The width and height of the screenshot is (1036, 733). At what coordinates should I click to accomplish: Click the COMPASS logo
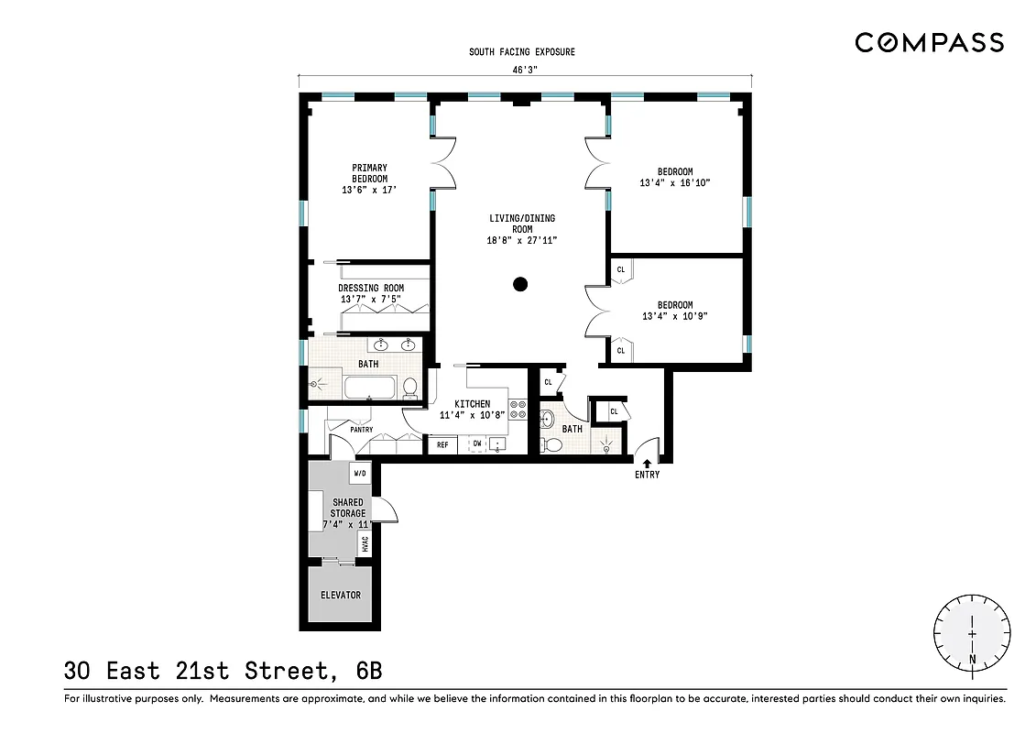click(x=929, y=42)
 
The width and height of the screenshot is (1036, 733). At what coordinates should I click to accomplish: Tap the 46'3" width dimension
click(x=523, y=68)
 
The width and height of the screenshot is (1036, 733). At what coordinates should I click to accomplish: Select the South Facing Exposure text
click(x=522, y=52)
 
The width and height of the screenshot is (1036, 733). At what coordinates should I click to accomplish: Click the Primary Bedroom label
click(x=369, y=174)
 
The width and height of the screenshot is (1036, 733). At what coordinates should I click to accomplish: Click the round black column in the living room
click(x=520, y=284)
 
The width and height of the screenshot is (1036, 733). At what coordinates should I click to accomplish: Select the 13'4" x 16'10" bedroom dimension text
click(x=675, y=183)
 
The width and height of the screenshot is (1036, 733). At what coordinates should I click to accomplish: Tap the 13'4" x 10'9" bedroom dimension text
click(x=675, y=316)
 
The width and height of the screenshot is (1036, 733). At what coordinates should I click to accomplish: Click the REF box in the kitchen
click(x=442, y=445)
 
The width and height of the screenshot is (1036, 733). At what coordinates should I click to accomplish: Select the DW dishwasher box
click(x=476, y=444)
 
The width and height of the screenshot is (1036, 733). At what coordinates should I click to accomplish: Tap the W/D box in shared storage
click(x=360, y=474)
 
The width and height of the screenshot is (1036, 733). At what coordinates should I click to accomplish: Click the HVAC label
click(x=365, y=543)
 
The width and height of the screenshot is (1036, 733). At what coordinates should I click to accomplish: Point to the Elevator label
click(x=340, y=596)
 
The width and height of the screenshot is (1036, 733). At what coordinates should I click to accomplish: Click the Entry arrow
click(x=647, y=464)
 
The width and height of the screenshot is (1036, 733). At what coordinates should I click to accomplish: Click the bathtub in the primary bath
click(x=372, y=387)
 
